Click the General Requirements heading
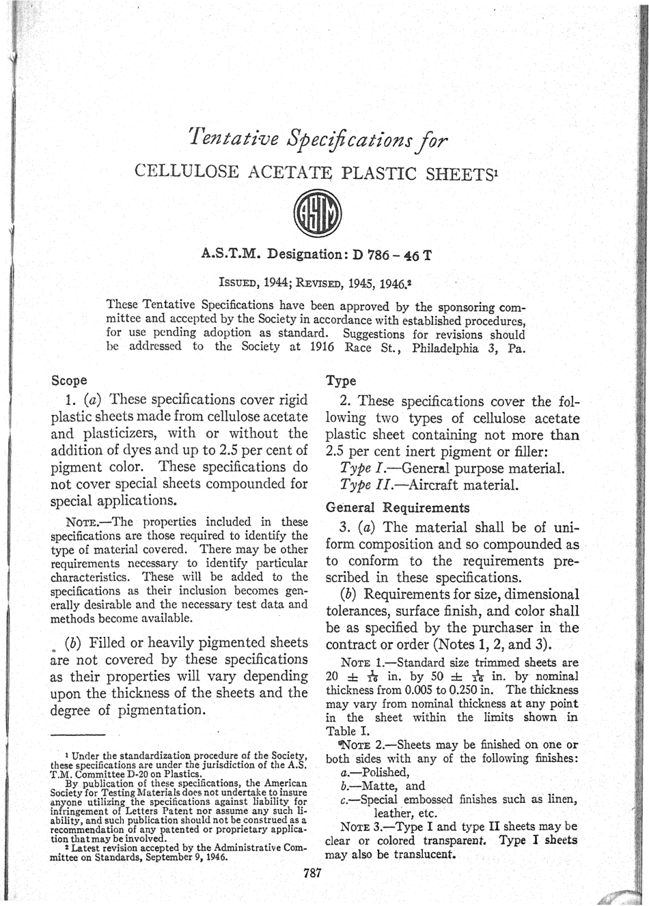(x=388, y=508)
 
